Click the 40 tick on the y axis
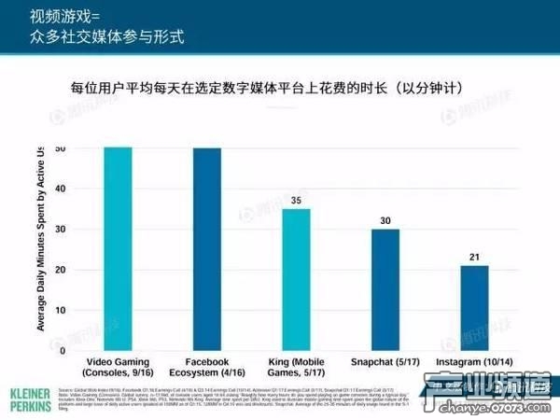point(61,189)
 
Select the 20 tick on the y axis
point(61,271)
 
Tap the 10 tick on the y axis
point(61,312)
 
